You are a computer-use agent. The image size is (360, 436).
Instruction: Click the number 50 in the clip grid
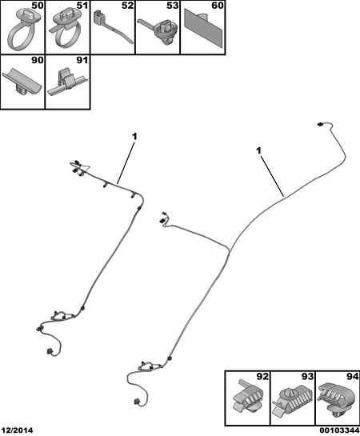coord(38,6)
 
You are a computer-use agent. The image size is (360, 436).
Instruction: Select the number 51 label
coord(82,6)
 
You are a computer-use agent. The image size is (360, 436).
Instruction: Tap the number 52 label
coord(127,6)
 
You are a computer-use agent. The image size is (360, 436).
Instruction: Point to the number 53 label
coord(173,6)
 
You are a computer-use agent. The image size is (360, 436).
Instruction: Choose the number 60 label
coord(218,6)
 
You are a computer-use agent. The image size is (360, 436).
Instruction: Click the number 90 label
coord(38,60)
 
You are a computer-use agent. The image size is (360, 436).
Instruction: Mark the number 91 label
coord(82,60)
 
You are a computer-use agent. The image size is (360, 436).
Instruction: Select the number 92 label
coord(262,377)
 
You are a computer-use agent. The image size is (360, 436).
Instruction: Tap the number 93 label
coord(308,377)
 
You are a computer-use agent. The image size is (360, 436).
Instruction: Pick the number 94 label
coord(353,377)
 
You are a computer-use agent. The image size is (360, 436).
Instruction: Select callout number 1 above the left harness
coord(134,137)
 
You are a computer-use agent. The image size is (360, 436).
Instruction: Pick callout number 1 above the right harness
coord(259,151)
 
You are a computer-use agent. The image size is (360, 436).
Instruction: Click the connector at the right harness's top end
coord(320,124)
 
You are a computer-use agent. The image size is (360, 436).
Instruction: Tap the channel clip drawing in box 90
coord(22,83)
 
